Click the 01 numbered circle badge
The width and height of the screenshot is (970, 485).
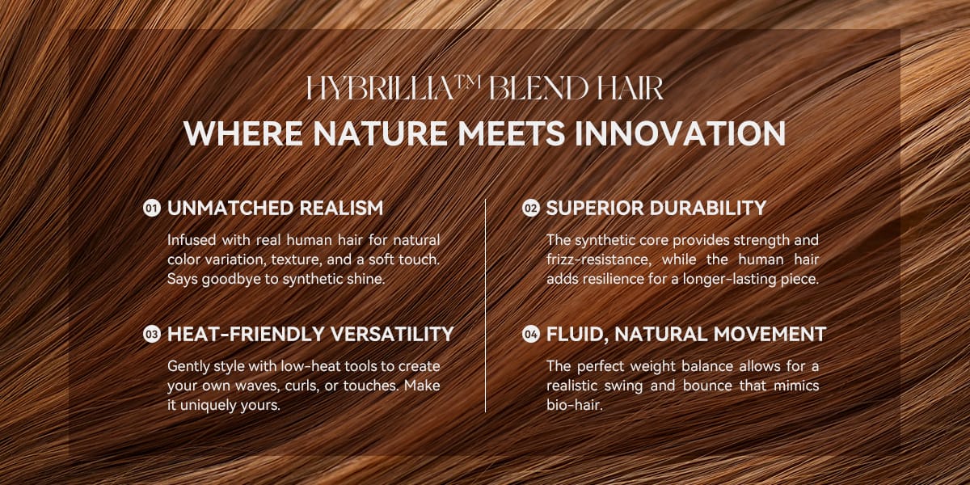(x=152, y=209)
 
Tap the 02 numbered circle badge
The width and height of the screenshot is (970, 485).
(x=530, y=209)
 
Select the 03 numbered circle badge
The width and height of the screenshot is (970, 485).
(x=152, y=335)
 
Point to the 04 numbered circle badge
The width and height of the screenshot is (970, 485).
(x=530, y=335)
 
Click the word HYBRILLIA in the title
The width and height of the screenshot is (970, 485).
(x=380, y=89)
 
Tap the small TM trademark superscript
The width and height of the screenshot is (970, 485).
(x=468, y=82)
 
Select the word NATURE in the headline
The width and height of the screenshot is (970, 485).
(x=380, y=133)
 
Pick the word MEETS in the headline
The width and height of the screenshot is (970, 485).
(x=511, y=133)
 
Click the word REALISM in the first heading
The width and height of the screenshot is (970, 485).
(x=341, y=209)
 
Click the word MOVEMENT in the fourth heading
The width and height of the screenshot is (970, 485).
(x=770, y=335)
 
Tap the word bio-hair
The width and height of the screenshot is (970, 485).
(x=574, y=405)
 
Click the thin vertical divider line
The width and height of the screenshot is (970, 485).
(x=486, y=306)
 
